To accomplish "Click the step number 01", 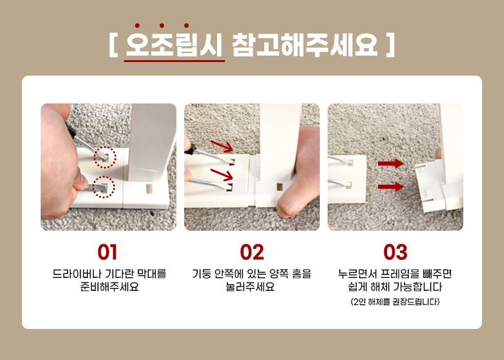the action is [107, 252].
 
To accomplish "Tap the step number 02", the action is [252, 252].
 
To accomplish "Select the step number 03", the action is [395, 252].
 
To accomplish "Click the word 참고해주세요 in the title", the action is [304, 45].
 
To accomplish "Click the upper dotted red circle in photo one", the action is [105, 157].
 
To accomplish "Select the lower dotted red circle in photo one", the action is [103, 187].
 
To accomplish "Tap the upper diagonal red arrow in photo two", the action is [222, 146].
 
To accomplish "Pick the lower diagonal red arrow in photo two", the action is [222, 175].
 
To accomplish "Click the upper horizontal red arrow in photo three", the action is [390, 164].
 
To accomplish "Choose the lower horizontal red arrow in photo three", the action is [390, 186].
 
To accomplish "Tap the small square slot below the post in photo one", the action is [149, 189].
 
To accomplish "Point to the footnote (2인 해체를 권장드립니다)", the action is [395, 302].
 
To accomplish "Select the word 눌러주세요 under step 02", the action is [250, 286].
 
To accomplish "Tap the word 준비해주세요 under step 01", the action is [109, 286].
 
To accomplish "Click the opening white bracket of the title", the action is [113, 45].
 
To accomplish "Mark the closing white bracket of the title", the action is [390, 45].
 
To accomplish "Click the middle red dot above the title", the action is [162, 25].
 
